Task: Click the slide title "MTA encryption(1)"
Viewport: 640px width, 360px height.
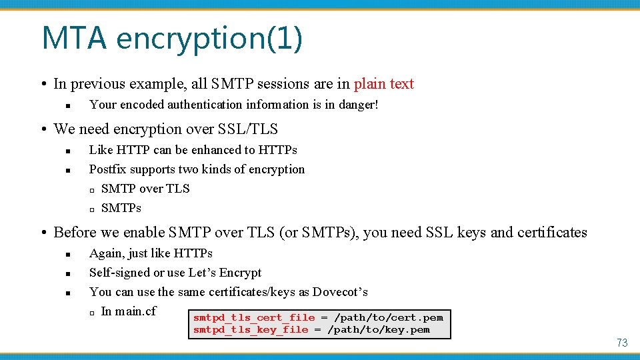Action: pos(171,38)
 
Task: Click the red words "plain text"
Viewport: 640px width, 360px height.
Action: pos(383,84)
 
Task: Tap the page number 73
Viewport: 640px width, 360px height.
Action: pos(621,343)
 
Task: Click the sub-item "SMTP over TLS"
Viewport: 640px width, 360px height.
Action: pos(145,189)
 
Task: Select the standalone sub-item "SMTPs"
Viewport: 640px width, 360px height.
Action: pos(121,208)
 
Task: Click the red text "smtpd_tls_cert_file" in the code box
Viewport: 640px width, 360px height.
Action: pos(253,318)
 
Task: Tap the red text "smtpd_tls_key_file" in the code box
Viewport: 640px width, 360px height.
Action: pos(251,329)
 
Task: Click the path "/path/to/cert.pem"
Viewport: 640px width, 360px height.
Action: pos(388,318)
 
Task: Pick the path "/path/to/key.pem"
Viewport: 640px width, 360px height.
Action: pos(379,329)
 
